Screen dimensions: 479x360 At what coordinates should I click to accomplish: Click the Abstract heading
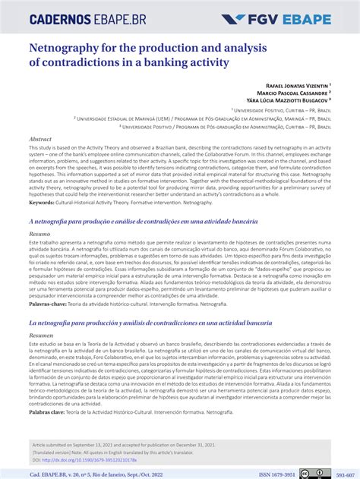40,140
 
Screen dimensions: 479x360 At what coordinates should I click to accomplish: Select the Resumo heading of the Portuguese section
40,235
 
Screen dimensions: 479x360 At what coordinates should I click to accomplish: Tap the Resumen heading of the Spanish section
41,335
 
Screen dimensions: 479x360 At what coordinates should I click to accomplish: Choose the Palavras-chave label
49,303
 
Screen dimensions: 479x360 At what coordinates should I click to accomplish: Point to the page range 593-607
346,473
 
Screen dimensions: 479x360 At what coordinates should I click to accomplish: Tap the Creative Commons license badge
314,473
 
